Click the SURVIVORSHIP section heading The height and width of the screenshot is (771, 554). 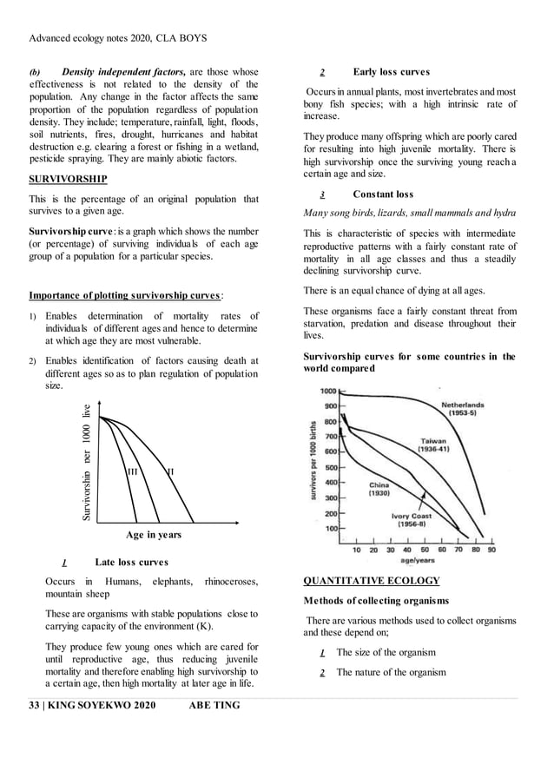[68, 179]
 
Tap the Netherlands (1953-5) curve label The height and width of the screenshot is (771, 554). [462, 409]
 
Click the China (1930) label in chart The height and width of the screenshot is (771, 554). [379, 489]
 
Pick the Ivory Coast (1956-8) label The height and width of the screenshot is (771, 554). [411, 520]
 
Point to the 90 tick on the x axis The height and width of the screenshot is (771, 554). [491, 550]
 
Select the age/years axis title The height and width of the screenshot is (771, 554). [418, 561]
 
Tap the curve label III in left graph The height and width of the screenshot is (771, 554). [133, 471]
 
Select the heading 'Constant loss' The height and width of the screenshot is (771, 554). [383, 194]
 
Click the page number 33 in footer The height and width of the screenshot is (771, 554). [34, 705]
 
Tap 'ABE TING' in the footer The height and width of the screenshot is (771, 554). [214, 705]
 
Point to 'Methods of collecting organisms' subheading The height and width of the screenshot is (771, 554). [376, 601]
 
